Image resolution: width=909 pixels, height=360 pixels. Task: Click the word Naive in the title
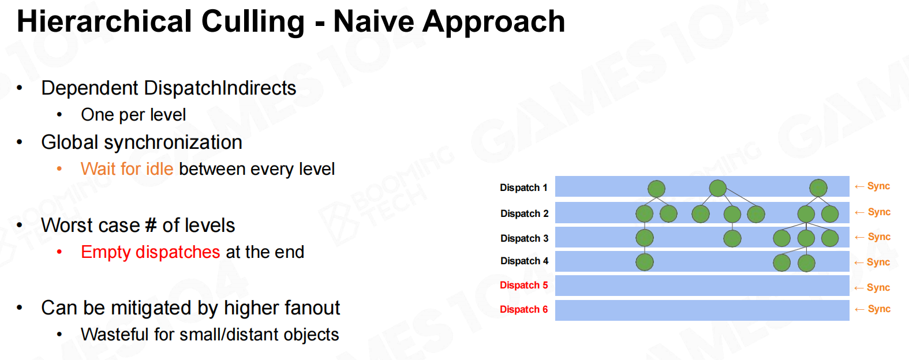[373, 21]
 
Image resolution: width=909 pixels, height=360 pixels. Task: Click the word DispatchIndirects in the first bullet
[220, 88]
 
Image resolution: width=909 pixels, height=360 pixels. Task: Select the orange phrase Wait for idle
[127, 169]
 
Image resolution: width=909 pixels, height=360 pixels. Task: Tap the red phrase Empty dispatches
[151, 252]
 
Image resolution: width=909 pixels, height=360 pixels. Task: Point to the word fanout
[312, 307]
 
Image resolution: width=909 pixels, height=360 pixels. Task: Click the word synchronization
[173, 142]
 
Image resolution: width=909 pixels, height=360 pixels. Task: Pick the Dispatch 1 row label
[523, 187]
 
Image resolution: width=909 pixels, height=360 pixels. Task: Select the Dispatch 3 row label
[524, 238]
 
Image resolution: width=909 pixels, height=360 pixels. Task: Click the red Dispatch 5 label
[524, 286]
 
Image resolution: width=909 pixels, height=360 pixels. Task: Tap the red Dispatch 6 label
[524, 309]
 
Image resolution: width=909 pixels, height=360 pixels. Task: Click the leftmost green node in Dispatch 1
[656, 189]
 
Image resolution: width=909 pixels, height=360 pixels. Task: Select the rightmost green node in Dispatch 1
[818, 188]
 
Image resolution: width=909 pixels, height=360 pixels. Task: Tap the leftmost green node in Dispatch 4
[645, 262]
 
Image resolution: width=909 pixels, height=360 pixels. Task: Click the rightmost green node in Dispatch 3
[830, 238]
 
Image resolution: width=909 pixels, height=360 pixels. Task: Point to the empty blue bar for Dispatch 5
[702, 286]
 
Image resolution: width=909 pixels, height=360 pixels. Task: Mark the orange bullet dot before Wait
[59, 168]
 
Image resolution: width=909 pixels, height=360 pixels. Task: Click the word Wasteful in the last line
[115, 335]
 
